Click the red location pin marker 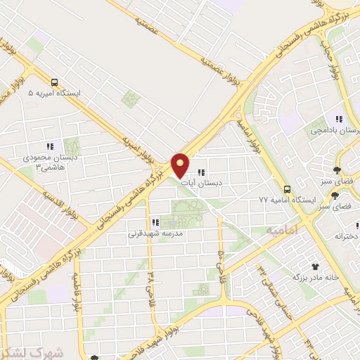(x=181, y=166)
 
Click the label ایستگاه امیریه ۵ (x=54, y=93)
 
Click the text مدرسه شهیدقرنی (x=155, y=233)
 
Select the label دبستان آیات (x=201, y=183)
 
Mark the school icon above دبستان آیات (x=201, y=172)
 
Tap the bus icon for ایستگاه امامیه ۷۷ (x=286, y=188)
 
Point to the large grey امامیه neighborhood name (x=283, y=230)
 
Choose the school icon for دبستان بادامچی (x=338, y=119)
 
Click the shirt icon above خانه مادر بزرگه (x=316, y=266)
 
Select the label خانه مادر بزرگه (x=316, y=277)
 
